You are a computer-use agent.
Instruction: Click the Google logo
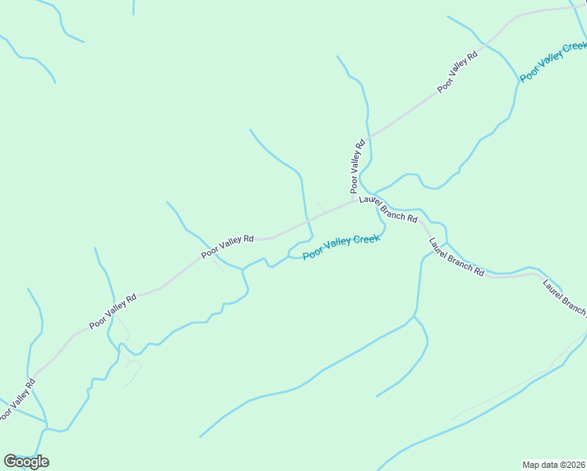(x=26, y=462)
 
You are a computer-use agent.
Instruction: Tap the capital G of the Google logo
(x=10, y=462)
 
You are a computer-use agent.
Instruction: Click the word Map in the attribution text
(x=531, y=465)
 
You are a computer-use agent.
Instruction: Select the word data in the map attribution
(x=549, y=465)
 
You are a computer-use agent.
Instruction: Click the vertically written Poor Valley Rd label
(x=358, y=166)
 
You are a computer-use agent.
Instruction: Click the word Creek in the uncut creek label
(x=366, y=239)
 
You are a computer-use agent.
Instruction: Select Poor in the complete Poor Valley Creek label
(x=312, y=253)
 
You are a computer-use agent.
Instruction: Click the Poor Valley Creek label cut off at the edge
(x=554, y=60)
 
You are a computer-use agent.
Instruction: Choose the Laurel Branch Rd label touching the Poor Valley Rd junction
(x=388, y=210)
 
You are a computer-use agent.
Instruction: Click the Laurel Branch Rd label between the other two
(x=455, y=256)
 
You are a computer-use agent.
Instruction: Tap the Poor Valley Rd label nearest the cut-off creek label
(x=458, y=72)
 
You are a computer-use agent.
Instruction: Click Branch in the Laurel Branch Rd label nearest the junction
(x=392, y=212)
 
